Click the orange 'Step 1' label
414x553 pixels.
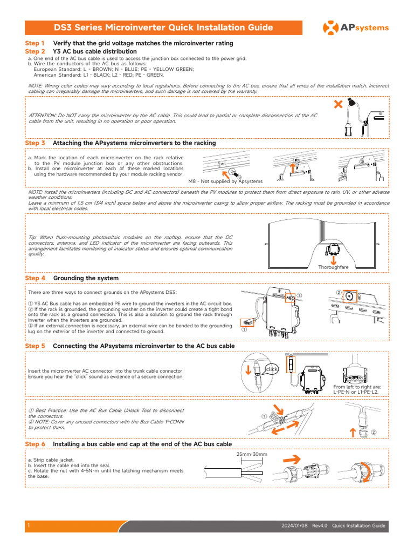coord(35,43)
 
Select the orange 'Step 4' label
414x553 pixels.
coord(35,278)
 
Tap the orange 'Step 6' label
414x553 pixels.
coord(35,444)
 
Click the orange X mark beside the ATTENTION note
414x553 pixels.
coord(339,104)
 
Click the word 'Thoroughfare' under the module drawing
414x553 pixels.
coord(333,267)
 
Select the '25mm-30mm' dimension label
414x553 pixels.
coord(252,455)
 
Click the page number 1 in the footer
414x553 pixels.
coord(28,526)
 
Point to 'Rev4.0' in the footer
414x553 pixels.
coord(320,526)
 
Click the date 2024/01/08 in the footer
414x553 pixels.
coord(294,526)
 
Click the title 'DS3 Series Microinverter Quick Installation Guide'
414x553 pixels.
coord(163,28)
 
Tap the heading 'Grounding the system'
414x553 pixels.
coord(86,278)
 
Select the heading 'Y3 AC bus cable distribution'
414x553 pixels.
coord(95,51)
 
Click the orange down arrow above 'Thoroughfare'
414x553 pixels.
coord(334,259)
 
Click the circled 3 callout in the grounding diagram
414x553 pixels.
coord(299,295)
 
